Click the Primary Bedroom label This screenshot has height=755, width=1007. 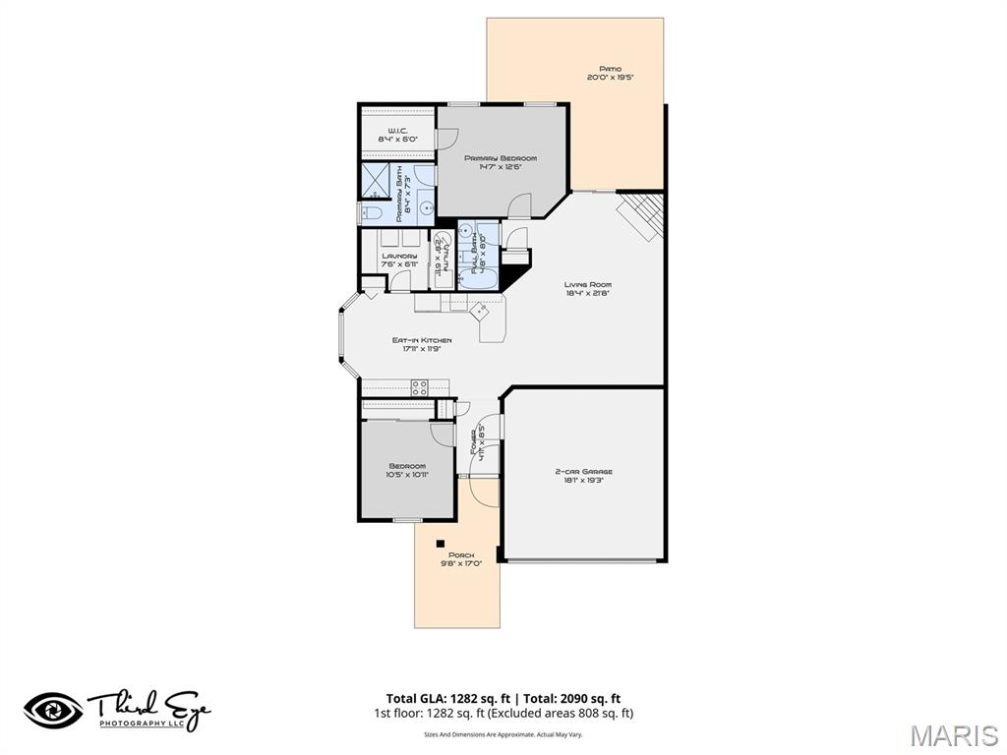pyautogui.click(x=502, y=158)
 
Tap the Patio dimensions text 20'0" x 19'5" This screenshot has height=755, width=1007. pyautogui.click(x=610, y=77)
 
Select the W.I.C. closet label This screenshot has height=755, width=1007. pyautogui.click(x=397, y=131)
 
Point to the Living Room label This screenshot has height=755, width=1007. pyautogui.click(x=588, y=285)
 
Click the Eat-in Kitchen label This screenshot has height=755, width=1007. pyautogui.click(x=422, y=340)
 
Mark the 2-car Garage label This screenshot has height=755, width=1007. pyautogui.click(x=584, y=472)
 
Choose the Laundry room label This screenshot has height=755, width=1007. pyautogui.click(x=399, y=257)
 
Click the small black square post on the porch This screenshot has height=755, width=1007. pyautogui.click(x=441, y=543)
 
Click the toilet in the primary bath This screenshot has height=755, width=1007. pyautogui.click(x=373, y=212)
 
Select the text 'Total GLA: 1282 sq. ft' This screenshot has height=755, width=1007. pyautogui.click(x=442, y=698)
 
